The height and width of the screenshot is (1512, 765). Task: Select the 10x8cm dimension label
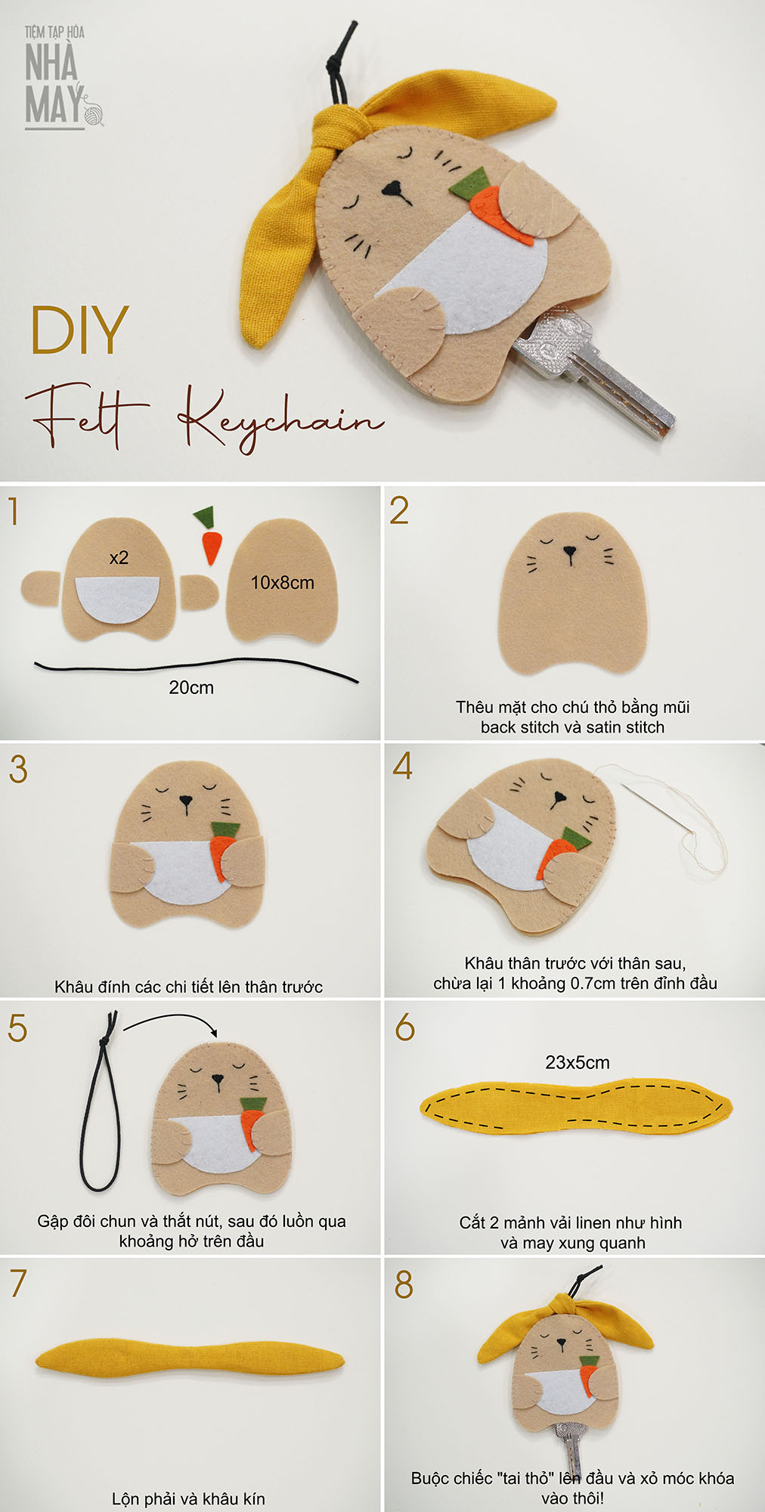[x=282, y=583]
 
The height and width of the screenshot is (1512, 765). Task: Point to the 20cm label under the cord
[x=191, y=688]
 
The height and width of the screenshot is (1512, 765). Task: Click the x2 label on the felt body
[x=119, y=558]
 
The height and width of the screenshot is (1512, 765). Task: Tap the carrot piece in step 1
[x=209, y=535]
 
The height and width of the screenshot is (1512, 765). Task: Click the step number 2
[x=400, y=510]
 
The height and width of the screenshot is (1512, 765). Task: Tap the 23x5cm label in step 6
[x=578, y=1062]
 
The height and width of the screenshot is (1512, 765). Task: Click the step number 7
[x=18, y=1283]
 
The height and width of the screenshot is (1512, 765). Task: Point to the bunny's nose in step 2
[x=570, y=554]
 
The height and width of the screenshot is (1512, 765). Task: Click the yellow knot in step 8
[x=564, y=1306]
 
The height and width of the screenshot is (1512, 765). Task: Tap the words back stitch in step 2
[x=520, y=727]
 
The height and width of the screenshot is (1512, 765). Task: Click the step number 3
[x=18, y=769]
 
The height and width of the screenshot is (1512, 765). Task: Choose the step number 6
[x=405, y=1027]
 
